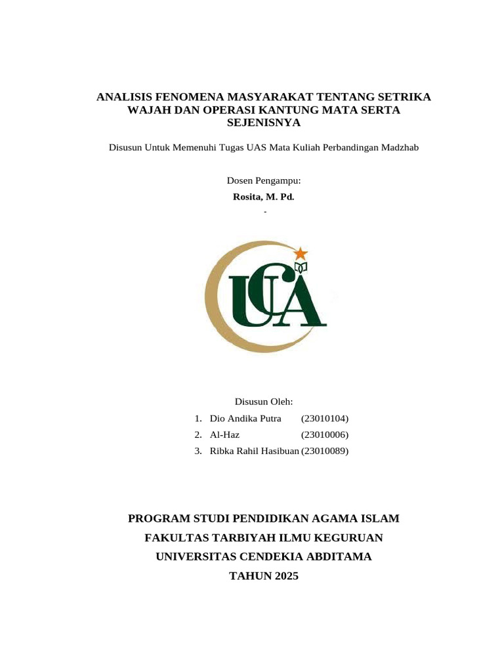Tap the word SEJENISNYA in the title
click(x=263, y=123)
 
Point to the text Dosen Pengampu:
click(x=263, y=180)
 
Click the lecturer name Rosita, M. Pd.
click(x=264, y=197)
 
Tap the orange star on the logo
click(x=300, y=253)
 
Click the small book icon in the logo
click(x=301, y=267)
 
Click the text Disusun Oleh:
click(x=263, y=402)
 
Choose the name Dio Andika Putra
click(x=245, y=419)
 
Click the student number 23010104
click(x=325, y=419)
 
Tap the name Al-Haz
click(x=225, y=435)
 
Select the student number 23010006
click(x=325, y=435)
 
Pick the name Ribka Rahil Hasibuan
click(x=255, y=451)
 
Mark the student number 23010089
click(x=325, y=451)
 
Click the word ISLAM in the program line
click(x=379, y=519)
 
